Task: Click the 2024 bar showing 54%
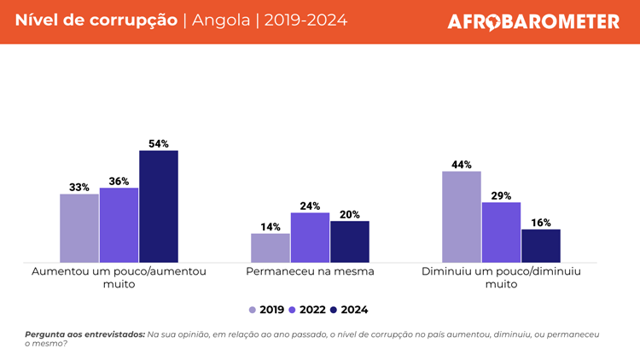pos(159,206)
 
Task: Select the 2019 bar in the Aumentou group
pos(79,228)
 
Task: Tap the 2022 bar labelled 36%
pos(119,225)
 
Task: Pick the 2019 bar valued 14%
pos(271,247)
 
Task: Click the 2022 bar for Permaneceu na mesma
pos(310,237)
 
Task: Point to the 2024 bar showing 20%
pos(350,241)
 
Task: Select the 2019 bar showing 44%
pos(462,217)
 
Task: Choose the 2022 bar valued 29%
pos(501,232)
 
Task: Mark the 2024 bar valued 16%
pos(541,246)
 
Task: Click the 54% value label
pos(159,144)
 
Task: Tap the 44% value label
pos(462,165)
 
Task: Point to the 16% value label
pos(541,223)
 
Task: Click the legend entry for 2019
pos(267,310)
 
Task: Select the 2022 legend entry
pos(308,310)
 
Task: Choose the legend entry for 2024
pos(349,310)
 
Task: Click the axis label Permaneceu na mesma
pos(310,271)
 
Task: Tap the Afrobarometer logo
pos(533,21)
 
